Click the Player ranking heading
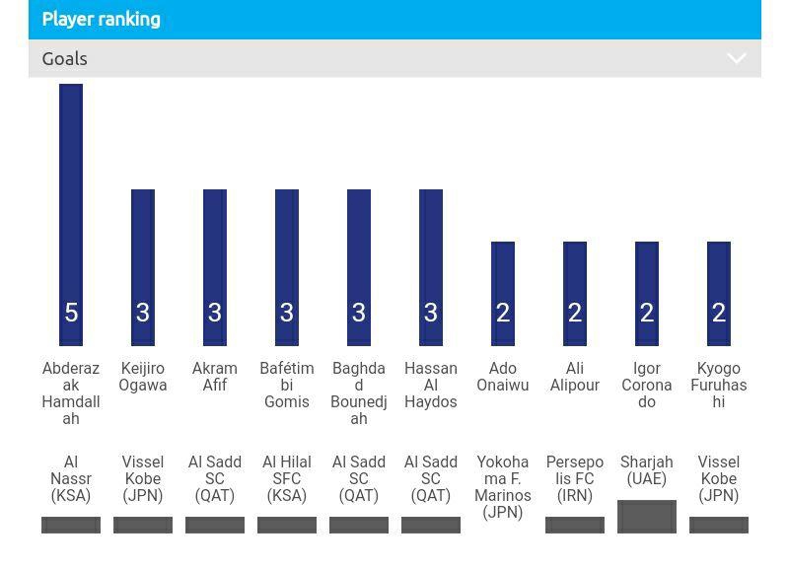tap(101, 20)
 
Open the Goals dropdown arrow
tap(736, 59)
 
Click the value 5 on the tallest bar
tap(71, 313)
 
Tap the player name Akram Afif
tap(215, 377)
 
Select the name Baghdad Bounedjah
tap(359, 393)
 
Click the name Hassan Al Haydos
tap(431, 385)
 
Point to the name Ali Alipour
tap(575, 377)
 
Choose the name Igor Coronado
tap(647, 385)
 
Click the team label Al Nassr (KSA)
tap(71, 478)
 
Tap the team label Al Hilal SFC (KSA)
tap(287, 478)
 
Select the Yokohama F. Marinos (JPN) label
tap(503, 487)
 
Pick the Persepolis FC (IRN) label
tap(575, 478)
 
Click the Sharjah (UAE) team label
tap(647, 470)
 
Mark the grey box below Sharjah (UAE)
tap(647, 516)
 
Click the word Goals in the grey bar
tap(65, 59)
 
